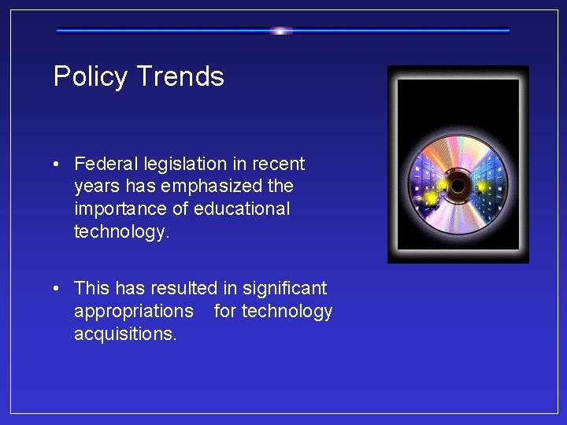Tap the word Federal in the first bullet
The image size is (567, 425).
pyautogui.click(x=104, y=164)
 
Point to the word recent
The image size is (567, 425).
pyautogui.click(x=279, y=164)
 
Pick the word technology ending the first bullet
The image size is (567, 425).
pyautogui.click(x=120, y=231)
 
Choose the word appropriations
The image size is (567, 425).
pyautogui.click(x=133, y=311)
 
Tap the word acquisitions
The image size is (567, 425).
pyautogui.click(x=125, y=334)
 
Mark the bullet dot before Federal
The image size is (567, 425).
pyautogui.click(x=58, y=164)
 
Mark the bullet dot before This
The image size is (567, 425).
pyautogui.click(x=58, y=290)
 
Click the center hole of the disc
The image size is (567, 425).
pyautogui.click(x=458, y=186)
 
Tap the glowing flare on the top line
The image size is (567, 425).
pyautogui.click(x=281, y=31)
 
